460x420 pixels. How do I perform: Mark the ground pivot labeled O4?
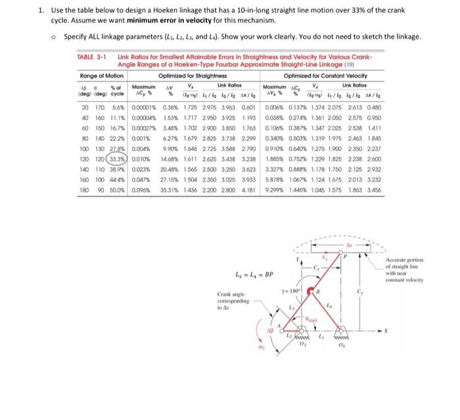click(363, 347)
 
